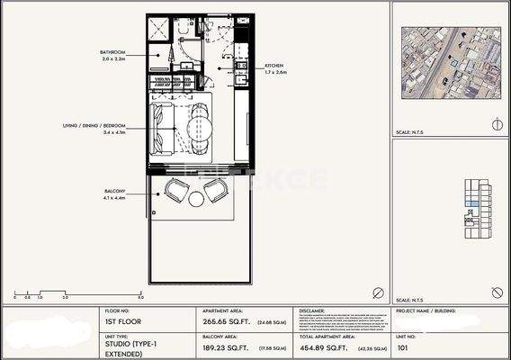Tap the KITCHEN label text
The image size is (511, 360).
coord(274,67)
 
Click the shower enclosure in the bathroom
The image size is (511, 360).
coord(158,27)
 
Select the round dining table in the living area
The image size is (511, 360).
coord(202,124)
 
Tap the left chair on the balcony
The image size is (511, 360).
coord(177,191)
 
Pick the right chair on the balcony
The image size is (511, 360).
coord(216,191)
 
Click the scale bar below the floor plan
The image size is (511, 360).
coord(77,292)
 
